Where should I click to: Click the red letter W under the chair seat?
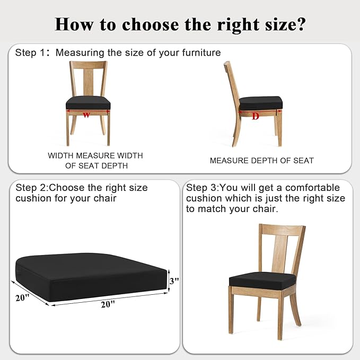point(86,115)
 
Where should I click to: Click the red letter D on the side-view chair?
point(256,116)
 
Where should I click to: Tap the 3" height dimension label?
point(174,280)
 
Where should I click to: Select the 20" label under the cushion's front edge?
point(108,304)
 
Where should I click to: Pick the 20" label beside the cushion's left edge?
point(22,298)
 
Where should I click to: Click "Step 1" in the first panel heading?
point(30,52)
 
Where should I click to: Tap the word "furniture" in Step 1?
point(201,52)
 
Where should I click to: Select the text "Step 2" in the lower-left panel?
point(31,188)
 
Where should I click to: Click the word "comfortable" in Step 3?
point(312,188)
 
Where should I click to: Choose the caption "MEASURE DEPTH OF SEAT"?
point(262,161)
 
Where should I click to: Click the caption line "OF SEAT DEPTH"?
point(96,165)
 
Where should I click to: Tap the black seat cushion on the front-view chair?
point(88,103)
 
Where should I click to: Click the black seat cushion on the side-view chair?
point(260,103)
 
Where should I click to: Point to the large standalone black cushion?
point(91,277)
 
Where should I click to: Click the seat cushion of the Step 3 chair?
point(262,280)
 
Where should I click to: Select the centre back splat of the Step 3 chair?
point(279,254)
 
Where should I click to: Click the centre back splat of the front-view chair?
point(89,82)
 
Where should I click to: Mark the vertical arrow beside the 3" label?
point(169,280)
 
